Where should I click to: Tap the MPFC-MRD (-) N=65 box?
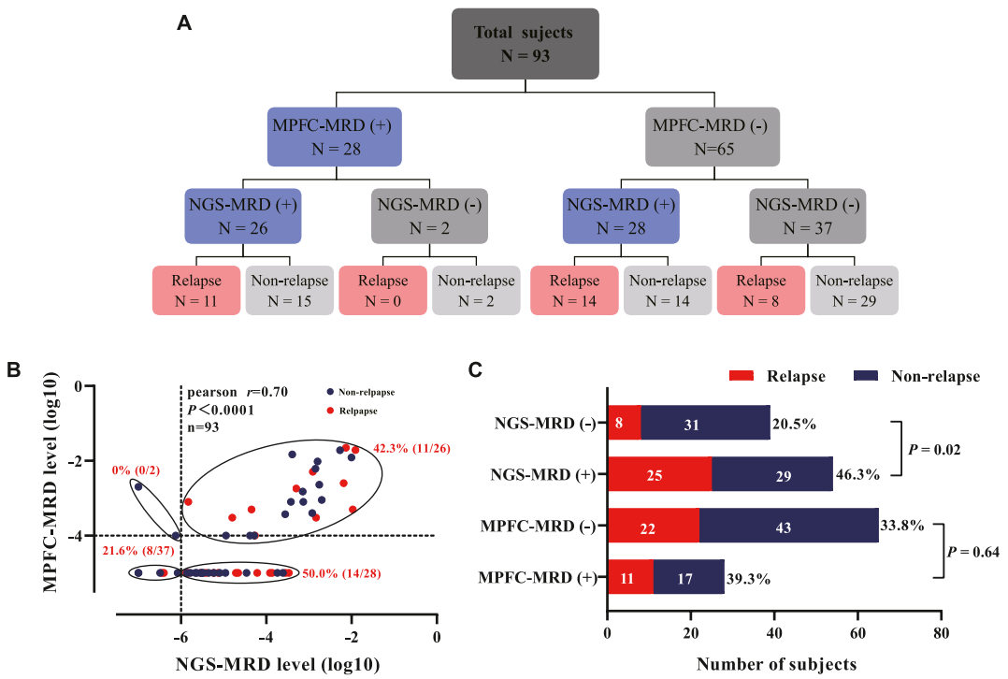point(713,137)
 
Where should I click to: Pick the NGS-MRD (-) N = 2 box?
point(428,215)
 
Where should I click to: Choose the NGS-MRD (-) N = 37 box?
point(806,215)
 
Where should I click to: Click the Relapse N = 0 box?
point(382,291)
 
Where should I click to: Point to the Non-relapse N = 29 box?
point(854,291)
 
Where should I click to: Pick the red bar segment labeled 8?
point(623,423)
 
